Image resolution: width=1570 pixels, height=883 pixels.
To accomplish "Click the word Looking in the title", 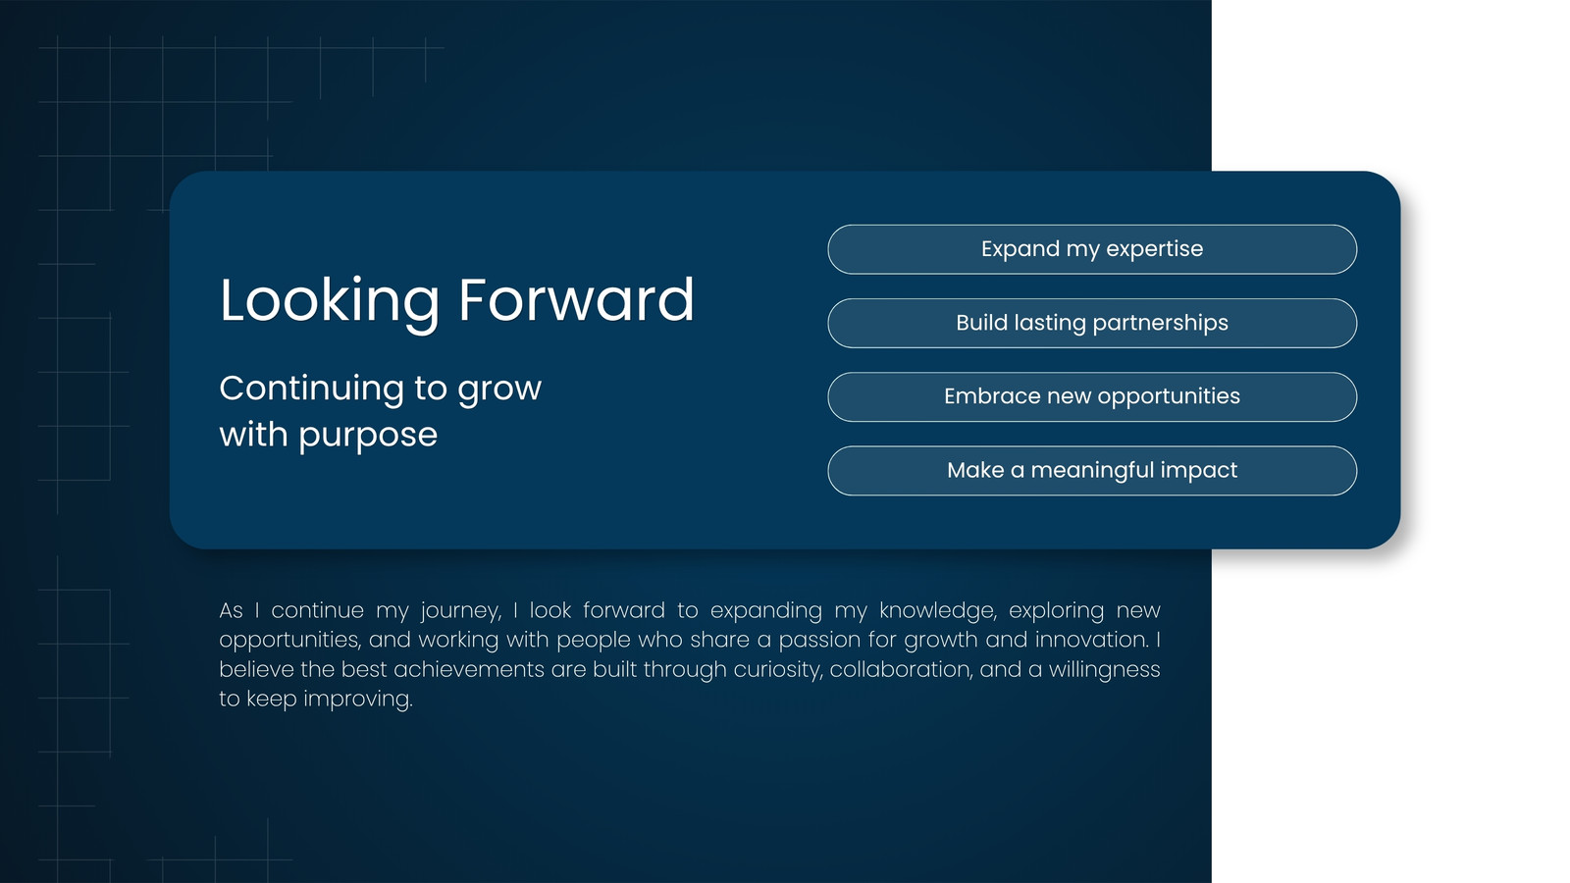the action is (330, 302).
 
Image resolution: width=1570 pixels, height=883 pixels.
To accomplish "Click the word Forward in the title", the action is (576, 299).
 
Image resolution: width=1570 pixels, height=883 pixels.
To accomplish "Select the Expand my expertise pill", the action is (1092, 249).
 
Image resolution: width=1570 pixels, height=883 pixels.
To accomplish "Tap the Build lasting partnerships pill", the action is (1092, 323).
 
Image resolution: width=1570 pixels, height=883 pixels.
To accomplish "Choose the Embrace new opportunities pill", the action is (1092, 396).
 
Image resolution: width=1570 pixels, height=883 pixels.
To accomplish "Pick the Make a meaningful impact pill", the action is (1092, 471).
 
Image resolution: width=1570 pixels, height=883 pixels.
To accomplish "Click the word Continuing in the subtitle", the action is (311, 390).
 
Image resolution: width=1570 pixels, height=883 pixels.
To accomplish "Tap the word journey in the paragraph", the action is (461, 612).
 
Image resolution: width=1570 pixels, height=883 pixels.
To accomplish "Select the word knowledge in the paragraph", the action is (938, 612).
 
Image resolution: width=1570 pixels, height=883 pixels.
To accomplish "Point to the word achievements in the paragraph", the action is (468, 669).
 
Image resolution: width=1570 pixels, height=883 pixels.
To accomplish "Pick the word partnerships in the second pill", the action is (1160, 324).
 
